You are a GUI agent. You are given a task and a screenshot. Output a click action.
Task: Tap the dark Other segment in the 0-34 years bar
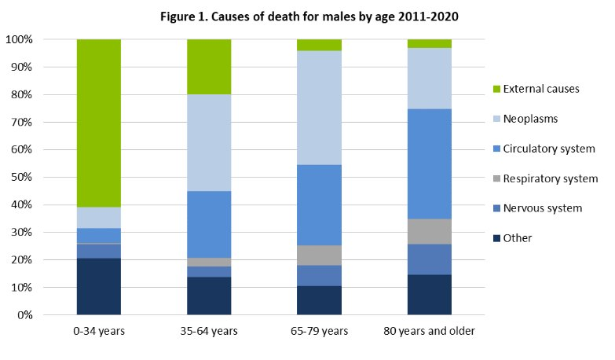98,286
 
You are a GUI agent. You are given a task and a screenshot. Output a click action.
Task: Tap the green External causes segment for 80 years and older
430,43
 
